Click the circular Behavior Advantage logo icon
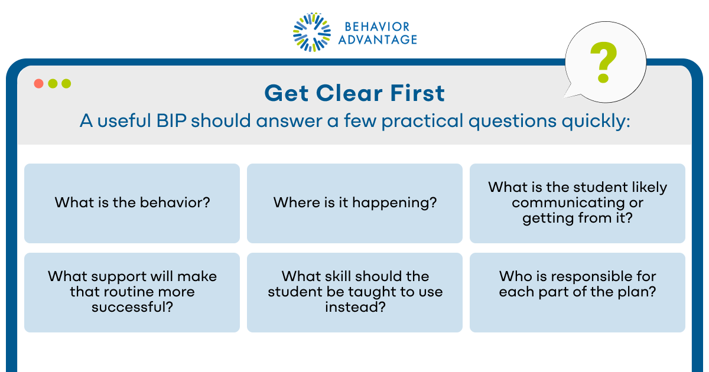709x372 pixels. (313, 32)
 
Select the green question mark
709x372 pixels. (603, 62)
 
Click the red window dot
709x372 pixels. (38, 83)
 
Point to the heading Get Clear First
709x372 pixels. (354, 93)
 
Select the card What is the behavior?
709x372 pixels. (132, 203)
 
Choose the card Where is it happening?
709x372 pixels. (354, 203)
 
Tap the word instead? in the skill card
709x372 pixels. (354, 307)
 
